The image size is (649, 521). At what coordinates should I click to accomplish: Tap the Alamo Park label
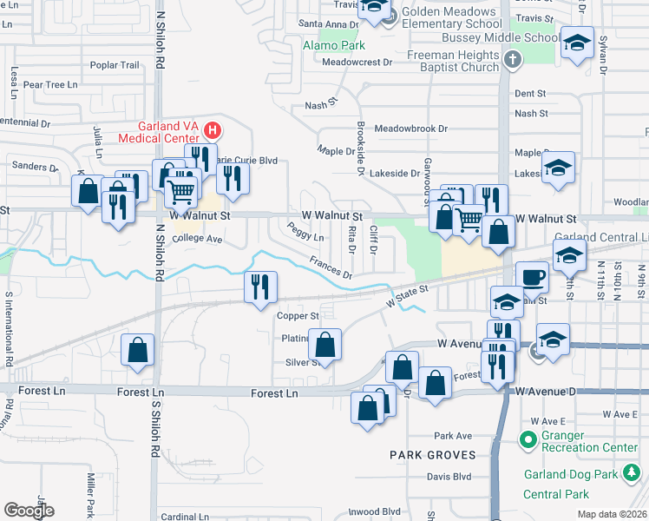pos(333,45)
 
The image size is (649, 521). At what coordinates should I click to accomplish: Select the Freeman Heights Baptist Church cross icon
pos(512,60)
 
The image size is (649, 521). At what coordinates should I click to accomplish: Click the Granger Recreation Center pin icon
pos(527,440)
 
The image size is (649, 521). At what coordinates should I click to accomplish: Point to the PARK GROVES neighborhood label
pos(433,455)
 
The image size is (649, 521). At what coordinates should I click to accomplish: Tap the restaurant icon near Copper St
pos(260,288)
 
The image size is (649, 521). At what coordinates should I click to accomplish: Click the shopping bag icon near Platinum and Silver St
pos(324,346)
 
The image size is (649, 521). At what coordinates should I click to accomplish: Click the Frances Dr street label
pos(331,267)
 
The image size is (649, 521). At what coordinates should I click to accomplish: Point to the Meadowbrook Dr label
pos(410,129)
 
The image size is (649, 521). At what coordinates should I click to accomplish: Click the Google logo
pos(29,510)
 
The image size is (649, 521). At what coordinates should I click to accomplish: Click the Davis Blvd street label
pos(449,476)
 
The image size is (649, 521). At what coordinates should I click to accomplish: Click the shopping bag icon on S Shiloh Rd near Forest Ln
pos(138,351)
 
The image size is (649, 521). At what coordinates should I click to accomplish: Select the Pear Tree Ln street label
pos(50,85)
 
